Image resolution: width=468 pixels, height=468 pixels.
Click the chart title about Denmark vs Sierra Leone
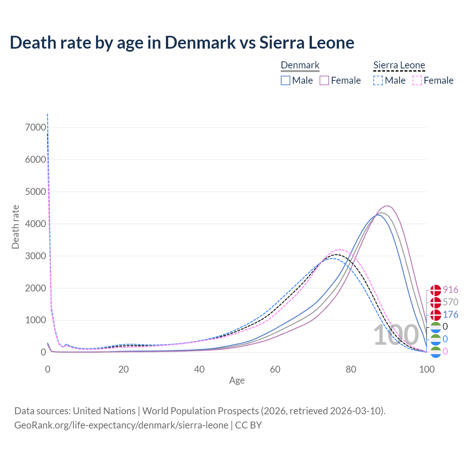point(182,42)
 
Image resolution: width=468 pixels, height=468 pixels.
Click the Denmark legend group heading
point(300,65)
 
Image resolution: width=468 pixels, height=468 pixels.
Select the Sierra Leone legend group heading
point(399,65)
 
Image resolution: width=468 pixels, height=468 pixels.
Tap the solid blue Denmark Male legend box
point(286,80)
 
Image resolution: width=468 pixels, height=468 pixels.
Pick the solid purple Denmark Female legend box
point(324,80)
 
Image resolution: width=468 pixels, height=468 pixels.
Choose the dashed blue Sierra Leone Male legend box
point(378,80)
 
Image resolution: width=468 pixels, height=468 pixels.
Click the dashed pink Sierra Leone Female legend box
point(417,80)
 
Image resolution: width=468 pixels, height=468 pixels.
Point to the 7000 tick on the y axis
point(36,128)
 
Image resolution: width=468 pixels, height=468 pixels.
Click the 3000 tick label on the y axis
point(36,256)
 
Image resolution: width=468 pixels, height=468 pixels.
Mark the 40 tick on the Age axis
point(199,369)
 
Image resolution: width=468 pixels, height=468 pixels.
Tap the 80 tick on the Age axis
point(351,369)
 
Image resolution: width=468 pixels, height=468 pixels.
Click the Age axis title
point(237,381)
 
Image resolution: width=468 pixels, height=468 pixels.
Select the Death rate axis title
point(15,227)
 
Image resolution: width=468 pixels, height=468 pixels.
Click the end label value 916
point(450,290)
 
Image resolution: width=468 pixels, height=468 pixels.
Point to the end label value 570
point(450,302)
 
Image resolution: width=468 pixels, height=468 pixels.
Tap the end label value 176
point(450,314)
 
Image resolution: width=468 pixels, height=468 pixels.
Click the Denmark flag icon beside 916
point(435,290)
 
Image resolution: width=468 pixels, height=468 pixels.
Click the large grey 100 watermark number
point(396,335)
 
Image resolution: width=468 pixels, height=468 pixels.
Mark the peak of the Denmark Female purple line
point(388,206)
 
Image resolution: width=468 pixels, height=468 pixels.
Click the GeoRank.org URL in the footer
point(121,425)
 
